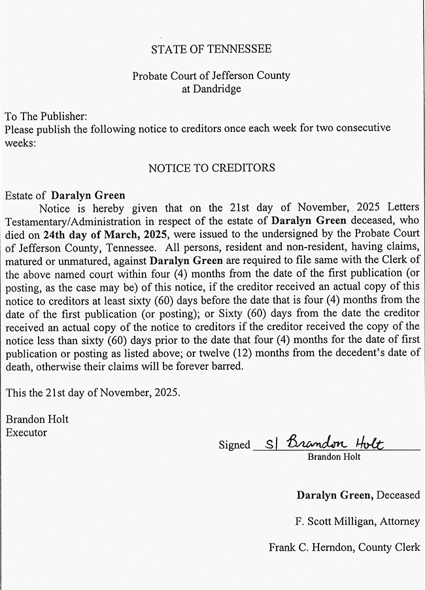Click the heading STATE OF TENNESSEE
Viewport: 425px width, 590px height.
(x=211, y=49)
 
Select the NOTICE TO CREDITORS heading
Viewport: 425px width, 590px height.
(x=211, y=168)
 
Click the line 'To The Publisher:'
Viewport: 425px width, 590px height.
(x=46, y=116)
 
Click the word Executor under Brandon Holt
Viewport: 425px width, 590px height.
(x=26, y=432)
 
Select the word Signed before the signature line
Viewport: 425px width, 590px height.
(x=234, y=445)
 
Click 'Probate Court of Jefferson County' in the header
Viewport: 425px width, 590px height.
(x=211, y=76)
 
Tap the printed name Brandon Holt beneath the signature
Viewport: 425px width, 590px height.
(x=333, y=457)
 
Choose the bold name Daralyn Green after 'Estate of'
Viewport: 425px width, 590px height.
(x=88, y=195)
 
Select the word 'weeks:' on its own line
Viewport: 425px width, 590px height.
(x=20, y=142)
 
